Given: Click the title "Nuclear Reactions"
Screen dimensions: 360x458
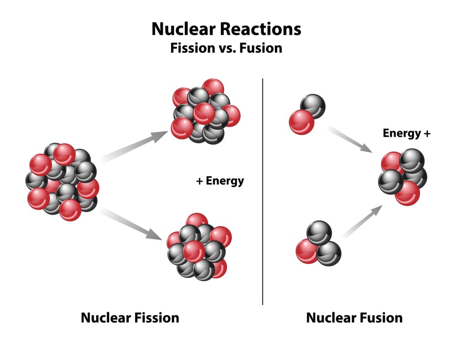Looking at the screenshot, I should pyautogui.click(x=226, y=29).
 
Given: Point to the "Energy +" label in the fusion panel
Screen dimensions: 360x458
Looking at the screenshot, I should pyautogui.click(x=407, y=133).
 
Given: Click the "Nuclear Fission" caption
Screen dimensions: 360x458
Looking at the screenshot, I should pyautogui.click(x=130, y=318).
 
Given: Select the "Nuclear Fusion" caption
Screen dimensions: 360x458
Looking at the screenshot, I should pyautogui.click(x=354, y=318).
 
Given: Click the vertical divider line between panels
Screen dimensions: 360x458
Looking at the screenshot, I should pyautogui.click(x=263, y=192).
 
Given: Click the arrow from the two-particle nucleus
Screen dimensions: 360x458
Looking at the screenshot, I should pyautogui.click(x=351, y=139).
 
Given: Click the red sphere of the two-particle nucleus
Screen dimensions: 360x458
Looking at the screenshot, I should pyautogui.click(x=301, y=122).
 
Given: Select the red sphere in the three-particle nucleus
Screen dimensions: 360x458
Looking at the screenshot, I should pyautogui.click(x=307, y=251).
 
